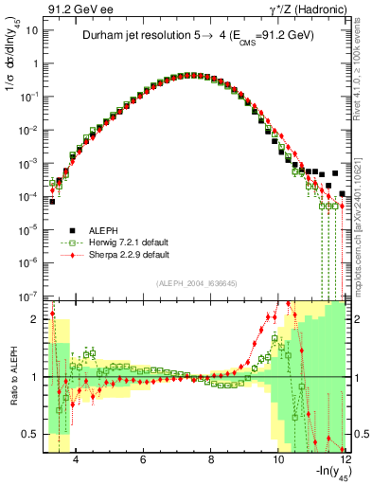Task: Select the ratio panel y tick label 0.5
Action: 30,435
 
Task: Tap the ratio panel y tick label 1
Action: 34,377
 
